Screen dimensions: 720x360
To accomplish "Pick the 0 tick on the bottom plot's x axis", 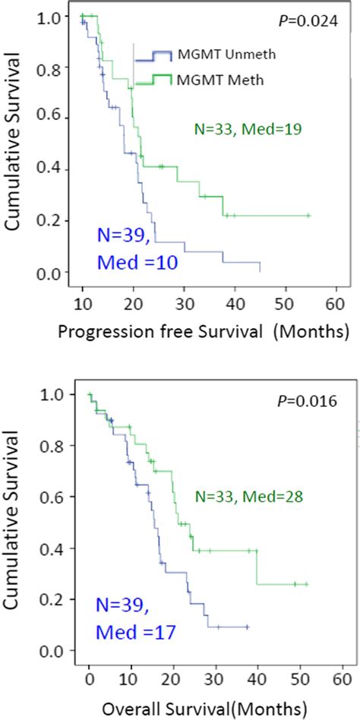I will click(x=89, y=674).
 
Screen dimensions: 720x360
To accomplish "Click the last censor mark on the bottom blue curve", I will click(x=248, y=627).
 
